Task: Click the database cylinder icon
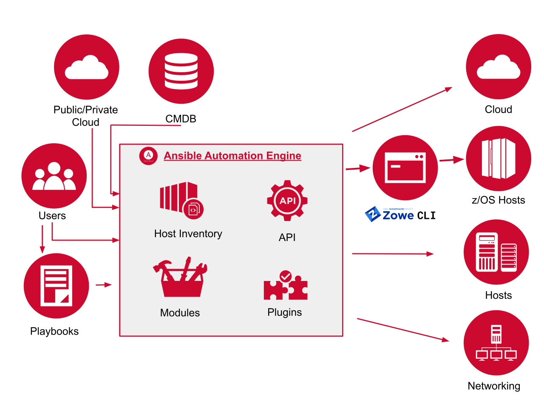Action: click(x=181, y=71)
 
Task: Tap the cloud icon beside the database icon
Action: click(x=87, y=67)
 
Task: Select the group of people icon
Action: click(x=54, y=176)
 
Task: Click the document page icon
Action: click(x=56, y=286)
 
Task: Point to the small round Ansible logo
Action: click(x=148, y=156)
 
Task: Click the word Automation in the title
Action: click(x=233, y=156)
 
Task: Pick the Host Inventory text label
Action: click(x=188, y=234)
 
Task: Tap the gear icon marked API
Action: click(x=287, y=201)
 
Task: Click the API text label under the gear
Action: click(x=287, y=238)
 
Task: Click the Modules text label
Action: click(x=180, y=313)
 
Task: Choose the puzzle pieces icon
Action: click(x=285, y=286)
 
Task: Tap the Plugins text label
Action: click(x=284, y=312)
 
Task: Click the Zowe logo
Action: click(x=389, y=214)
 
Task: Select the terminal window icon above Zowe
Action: click(x=405, y=168)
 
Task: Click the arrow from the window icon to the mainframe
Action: click(x=451, y=160)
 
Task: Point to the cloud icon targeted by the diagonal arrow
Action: click(x=499, y=67)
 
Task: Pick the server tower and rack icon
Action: click(x=496, y=252)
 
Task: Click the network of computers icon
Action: click(x=496, y=343)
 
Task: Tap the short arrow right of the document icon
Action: click(x=104, y=285)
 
